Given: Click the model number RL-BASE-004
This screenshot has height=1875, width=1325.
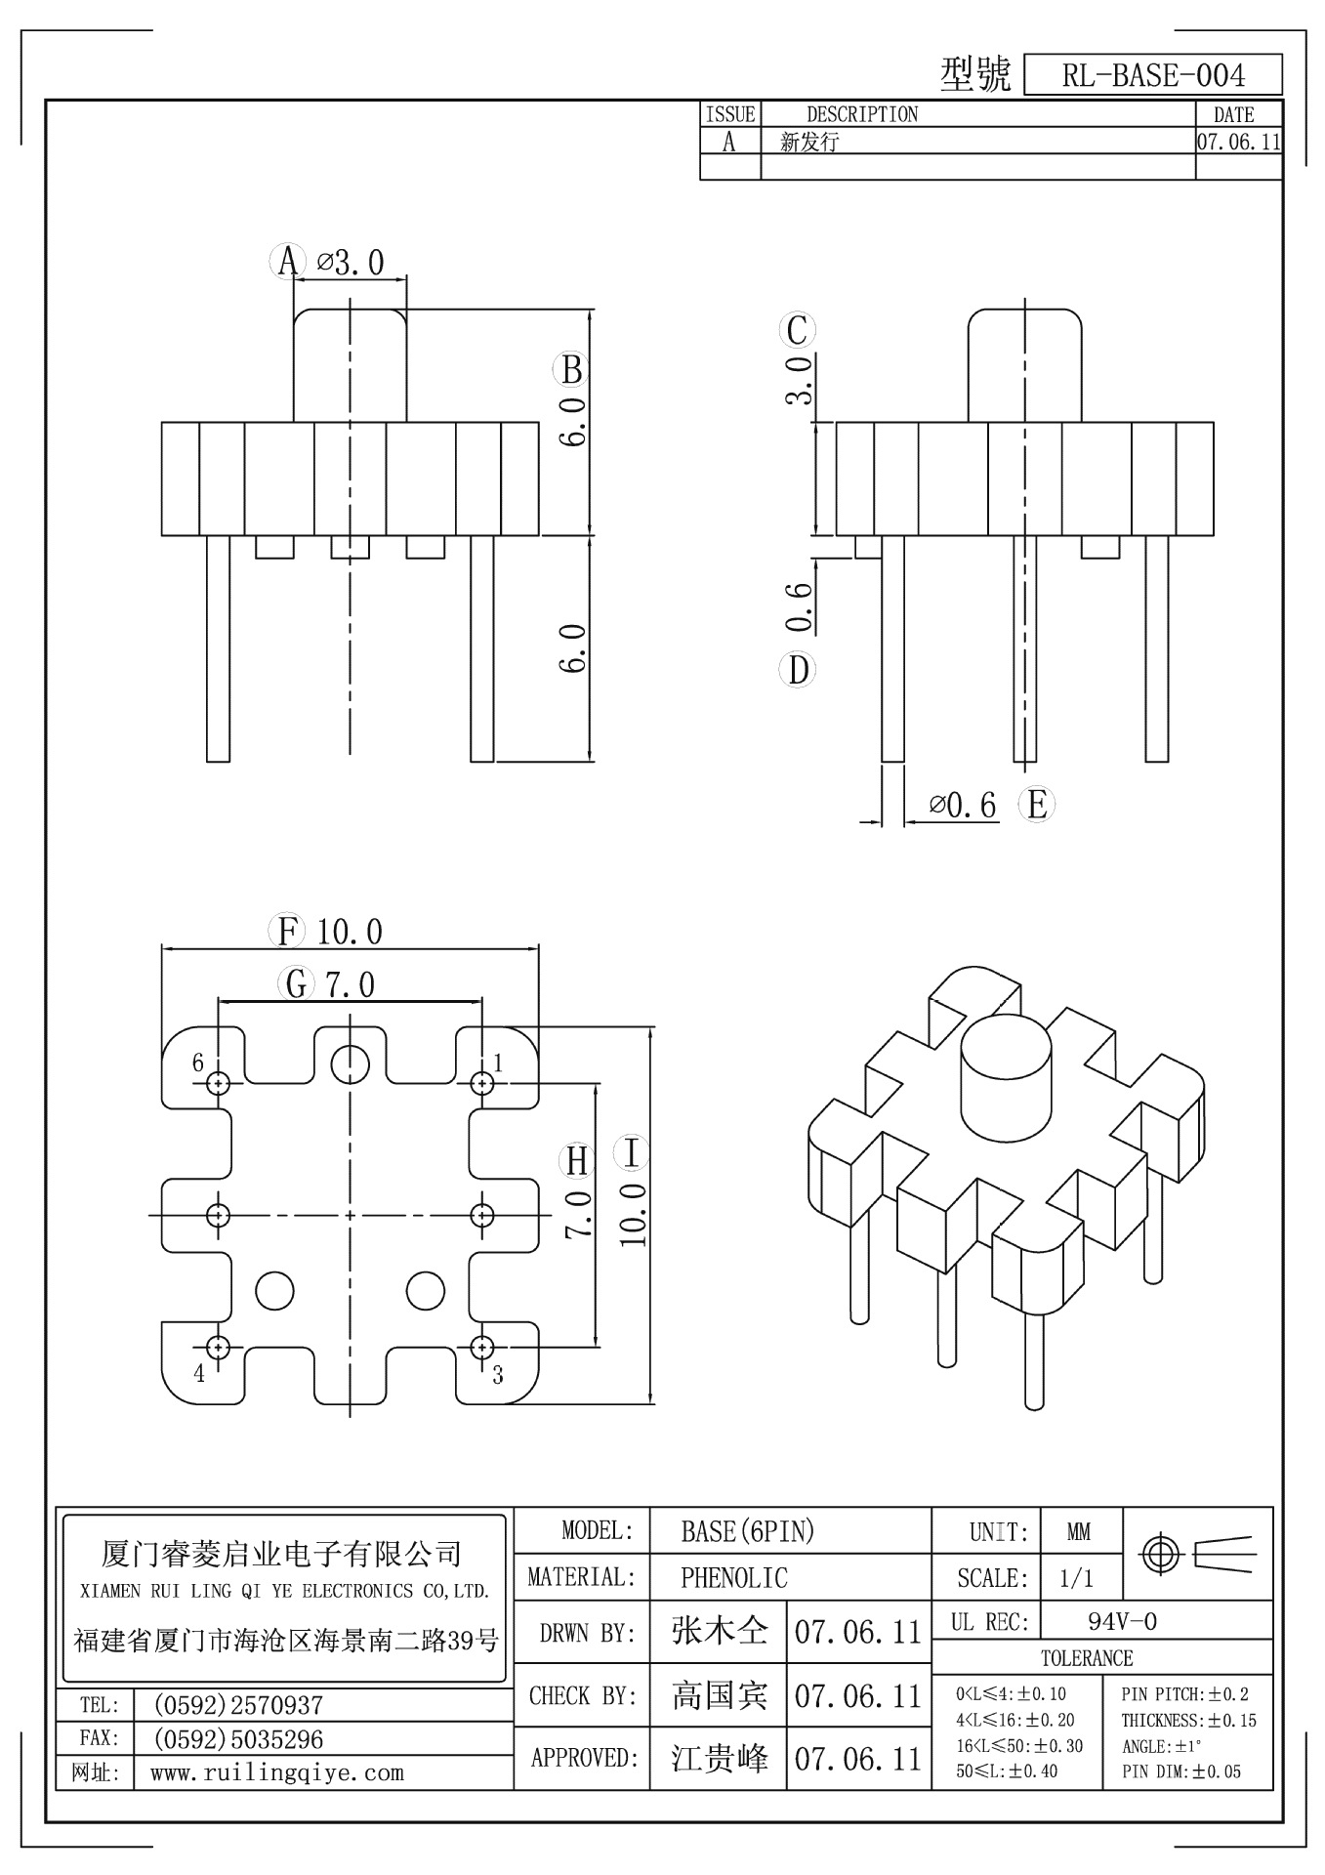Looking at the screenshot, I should click(x=1152, y=75).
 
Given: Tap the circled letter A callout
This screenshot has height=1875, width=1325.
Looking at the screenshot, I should click(x=286, y=261).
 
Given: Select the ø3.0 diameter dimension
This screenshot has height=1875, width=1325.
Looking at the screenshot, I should click(x=351, y=262).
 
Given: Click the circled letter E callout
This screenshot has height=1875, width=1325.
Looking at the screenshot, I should click(x=1037, y=805).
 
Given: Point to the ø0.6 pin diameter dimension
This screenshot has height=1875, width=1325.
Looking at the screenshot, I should click(x=963, y=805).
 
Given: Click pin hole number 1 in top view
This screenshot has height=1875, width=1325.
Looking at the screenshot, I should click(x=482, y=1083).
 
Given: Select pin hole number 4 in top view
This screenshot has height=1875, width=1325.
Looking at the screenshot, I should click(x=219, y=1348).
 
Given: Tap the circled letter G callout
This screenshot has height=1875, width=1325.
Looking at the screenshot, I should click(x=296, y=983).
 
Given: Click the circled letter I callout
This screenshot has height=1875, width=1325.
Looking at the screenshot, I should click(x=632, y=1152).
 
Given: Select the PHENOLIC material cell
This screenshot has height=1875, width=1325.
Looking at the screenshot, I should click(x=733, y=1577).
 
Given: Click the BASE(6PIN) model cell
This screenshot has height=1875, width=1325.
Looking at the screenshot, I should click(x=747, y=1531).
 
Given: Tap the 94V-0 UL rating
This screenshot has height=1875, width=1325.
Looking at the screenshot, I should click(x=1122, y=1622).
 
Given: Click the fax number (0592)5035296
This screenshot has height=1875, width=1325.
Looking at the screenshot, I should click(x=238, y=1739).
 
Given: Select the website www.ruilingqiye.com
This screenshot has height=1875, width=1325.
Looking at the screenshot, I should click(x=276, y=1772).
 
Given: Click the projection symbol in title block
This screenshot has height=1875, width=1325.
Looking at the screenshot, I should click(x=1198, y=1552).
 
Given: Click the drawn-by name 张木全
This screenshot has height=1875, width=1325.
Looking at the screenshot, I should click(x=719, y=1631).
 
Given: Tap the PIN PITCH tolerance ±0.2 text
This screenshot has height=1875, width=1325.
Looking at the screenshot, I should click(x=1184, y=1694).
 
